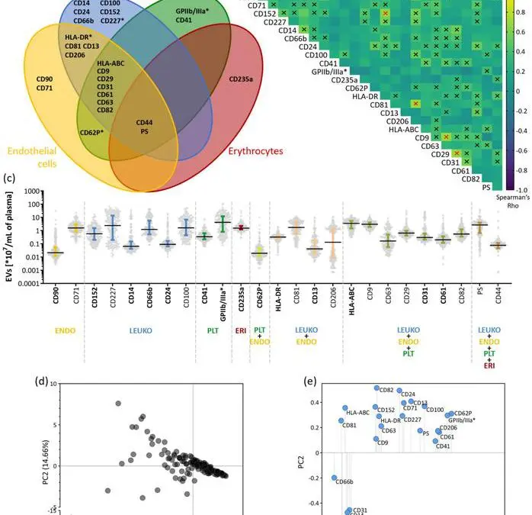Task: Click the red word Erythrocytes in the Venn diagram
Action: pos(256,151)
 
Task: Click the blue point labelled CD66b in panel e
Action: pos(334,478)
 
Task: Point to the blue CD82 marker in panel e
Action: pos(377,388)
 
